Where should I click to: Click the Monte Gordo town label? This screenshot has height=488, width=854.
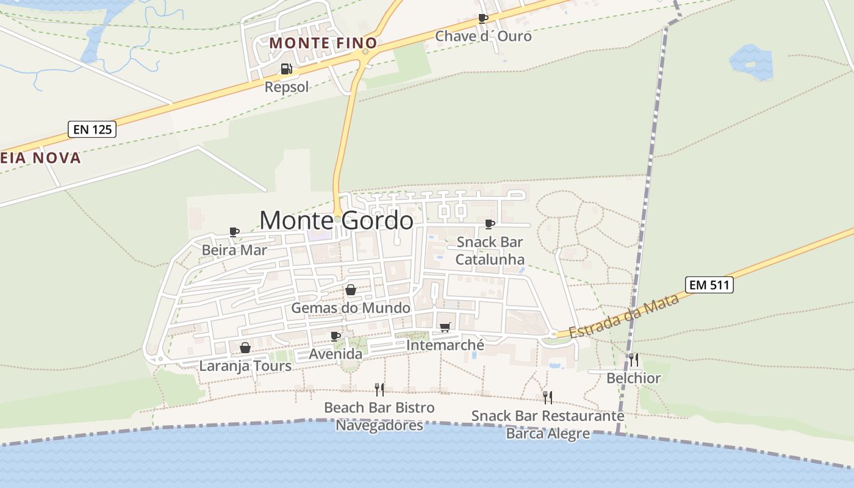[336, 220]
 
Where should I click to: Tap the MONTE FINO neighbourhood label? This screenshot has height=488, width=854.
[323, 43]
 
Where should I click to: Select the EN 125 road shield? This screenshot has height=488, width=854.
[91, 129]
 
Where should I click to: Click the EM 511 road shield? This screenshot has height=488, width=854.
[709, 285]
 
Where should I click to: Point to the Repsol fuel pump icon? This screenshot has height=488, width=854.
[286, 69]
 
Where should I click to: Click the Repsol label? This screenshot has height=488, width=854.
[287, 87]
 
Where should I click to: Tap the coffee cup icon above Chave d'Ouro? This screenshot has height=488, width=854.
[483, 18]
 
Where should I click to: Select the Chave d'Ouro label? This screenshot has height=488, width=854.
[483, 37]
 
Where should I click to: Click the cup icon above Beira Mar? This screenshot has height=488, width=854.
[234, 232]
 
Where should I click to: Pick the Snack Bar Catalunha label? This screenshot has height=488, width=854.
[490, 251]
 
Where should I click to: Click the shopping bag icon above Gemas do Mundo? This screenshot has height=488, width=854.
[351, 290]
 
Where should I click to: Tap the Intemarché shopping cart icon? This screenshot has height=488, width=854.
[445, 328]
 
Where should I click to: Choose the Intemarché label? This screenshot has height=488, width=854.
[445, 345]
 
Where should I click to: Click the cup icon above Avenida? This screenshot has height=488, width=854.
[335, 336]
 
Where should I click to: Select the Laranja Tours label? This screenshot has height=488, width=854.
[245, 366]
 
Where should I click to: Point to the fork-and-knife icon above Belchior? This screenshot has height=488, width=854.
[634, 360]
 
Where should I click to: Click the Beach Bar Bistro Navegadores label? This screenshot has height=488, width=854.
[379, 416]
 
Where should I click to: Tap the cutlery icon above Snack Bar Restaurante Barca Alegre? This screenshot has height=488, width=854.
[548, 398]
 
